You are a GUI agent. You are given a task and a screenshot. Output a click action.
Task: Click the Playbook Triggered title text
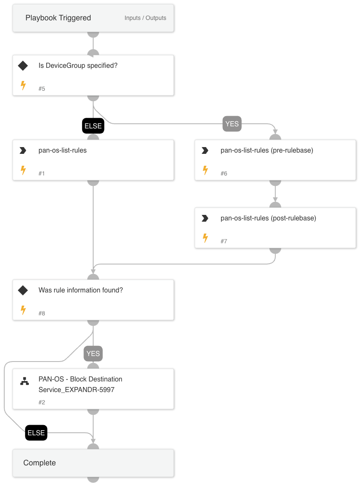pos(58,18)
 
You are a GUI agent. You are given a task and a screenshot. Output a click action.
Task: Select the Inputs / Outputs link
pos(145,18)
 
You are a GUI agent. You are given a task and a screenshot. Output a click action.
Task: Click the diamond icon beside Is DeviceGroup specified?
pos(23,66)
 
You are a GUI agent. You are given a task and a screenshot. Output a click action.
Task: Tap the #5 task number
pos(42,89)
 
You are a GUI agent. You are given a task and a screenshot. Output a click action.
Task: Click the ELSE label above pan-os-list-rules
pos(93,126)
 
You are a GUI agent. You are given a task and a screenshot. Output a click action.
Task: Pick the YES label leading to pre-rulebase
pos(232,124)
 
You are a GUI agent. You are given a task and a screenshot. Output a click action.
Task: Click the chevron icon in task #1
pos(23,150)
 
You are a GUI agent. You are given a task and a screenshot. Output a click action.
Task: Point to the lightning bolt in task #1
pos(23,170)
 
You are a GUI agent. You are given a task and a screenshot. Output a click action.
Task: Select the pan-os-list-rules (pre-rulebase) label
pos(267,150)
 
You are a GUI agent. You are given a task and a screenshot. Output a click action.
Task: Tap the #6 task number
pos(224,173)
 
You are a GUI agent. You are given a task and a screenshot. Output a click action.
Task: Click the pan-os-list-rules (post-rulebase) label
pos(268,218)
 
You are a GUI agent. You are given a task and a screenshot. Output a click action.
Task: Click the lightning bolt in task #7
pos(205,238)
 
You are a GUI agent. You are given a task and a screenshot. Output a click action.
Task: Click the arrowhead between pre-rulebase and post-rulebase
pos(275,200)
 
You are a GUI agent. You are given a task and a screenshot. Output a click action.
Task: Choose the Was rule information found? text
pos(80,290)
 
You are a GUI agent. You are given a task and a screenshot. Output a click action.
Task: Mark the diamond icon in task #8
pos(23,290)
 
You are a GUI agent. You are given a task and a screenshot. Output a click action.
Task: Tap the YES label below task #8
pos(93,353)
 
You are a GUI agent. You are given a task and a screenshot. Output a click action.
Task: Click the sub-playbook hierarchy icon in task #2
pos(25,381)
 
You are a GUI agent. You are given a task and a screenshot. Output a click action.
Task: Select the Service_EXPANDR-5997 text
pos(76,390)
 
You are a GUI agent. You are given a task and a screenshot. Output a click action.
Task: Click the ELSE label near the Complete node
pos(36,433)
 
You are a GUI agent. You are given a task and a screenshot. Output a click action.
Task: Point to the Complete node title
pos(39,463)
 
